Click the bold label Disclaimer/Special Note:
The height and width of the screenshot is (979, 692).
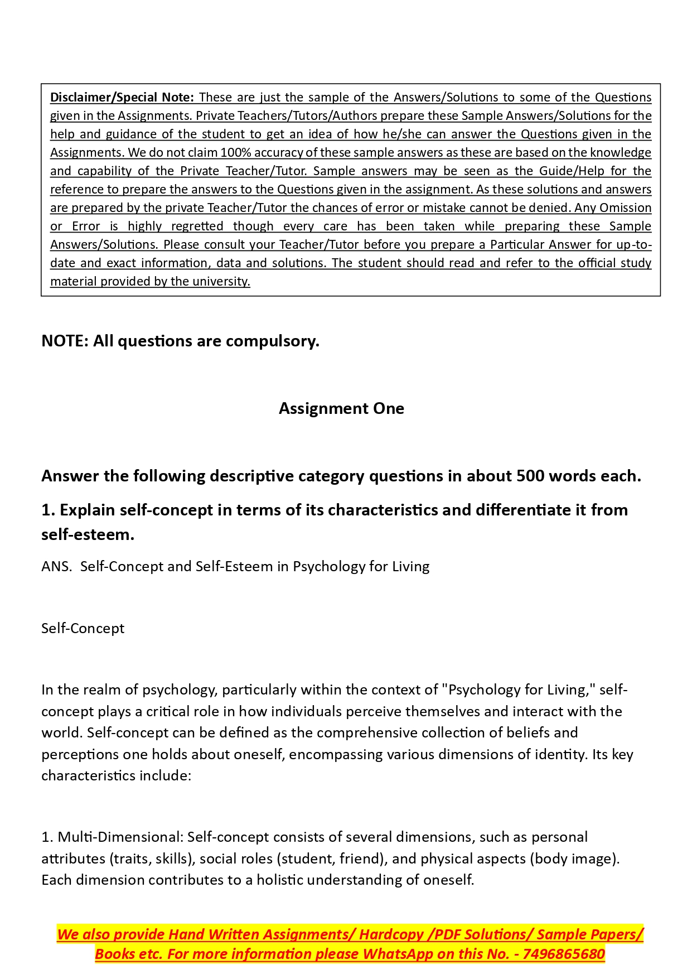(122, 97)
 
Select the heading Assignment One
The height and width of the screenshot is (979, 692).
(341, 408)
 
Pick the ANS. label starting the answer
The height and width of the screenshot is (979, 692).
(56, 566)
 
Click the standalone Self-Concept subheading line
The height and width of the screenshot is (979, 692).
(83, 628)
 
